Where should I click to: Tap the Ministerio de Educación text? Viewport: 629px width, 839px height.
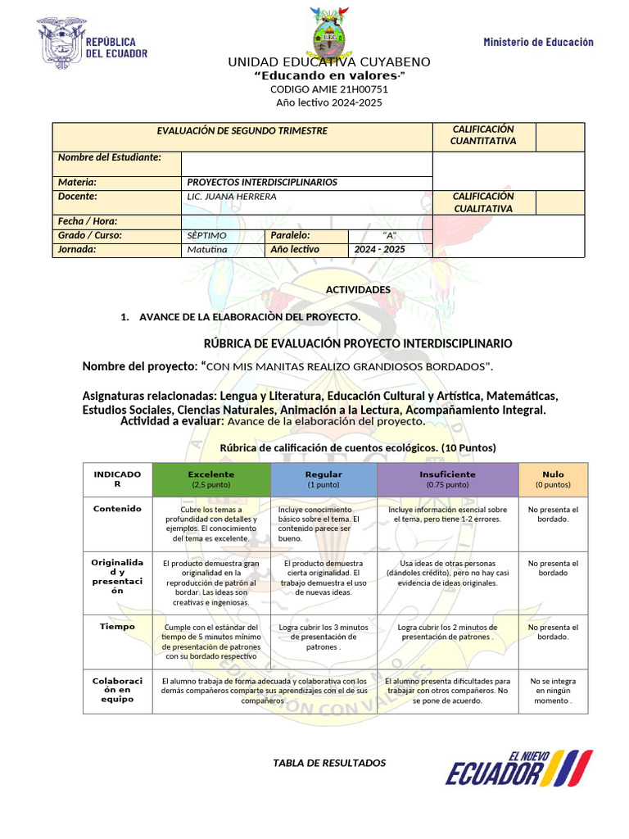click(538, 42)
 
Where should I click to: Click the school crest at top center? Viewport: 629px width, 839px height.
click(328, 34)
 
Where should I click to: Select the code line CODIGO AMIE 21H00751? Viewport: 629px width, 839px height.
click(318, 89)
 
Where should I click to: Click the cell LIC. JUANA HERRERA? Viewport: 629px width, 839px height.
click(232, 197)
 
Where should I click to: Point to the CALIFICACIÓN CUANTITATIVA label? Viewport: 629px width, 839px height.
click(482, 135)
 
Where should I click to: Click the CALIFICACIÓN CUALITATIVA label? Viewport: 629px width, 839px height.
click(482, 202)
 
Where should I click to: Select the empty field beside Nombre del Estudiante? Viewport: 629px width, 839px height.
click(305, 163)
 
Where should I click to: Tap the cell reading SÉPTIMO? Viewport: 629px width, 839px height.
click(206, 235)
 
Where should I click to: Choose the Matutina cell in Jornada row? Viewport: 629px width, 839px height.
click(206, 249)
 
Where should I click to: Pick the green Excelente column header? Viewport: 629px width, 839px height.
click(210, 479)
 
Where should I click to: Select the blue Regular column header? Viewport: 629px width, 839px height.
click(324, 479)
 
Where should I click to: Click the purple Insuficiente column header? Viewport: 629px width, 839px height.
click(447, 479)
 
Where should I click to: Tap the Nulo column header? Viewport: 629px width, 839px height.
click(553, 479)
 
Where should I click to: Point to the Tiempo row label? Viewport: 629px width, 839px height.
click(117, 626)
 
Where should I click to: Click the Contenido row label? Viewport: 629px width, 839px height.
click(117, 509)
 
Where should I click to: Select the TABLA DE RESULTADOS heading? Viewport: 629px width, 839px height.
click(329, 763)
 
